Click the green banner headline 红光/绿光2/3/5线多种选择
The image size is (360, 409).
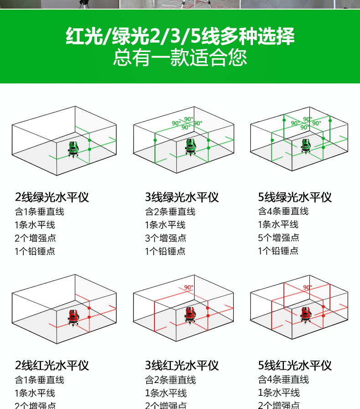point(180,36)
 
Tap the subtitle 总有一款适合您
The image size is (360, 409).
point(180,58)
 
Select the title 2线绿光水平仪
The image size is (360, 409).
point(52,197)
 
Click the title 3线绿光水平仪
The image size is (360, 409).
point(182,197)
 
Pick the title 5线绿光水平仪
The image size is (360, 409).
point(295,197)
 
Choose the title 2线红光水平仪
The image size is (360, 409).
point(52,365)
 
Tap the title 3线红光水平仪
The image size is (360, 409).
point(182,365)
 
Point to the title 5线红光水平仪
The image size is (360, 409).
point(295,365)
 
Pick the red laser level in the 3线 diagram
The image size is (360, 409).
point(190,315)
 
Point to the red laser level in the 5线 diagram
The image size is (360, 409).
point(306,315)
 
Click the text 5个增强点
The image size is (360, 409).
point(278,238)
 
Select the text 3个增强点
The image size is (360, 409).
point(165,238)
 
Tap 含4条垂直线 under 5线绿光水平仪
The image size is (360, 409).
point(283,211)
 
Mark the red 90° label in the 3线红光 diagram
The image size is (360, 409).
point(189,287)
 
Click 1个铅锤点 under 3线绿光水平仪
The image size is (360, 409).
point(165,251)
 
